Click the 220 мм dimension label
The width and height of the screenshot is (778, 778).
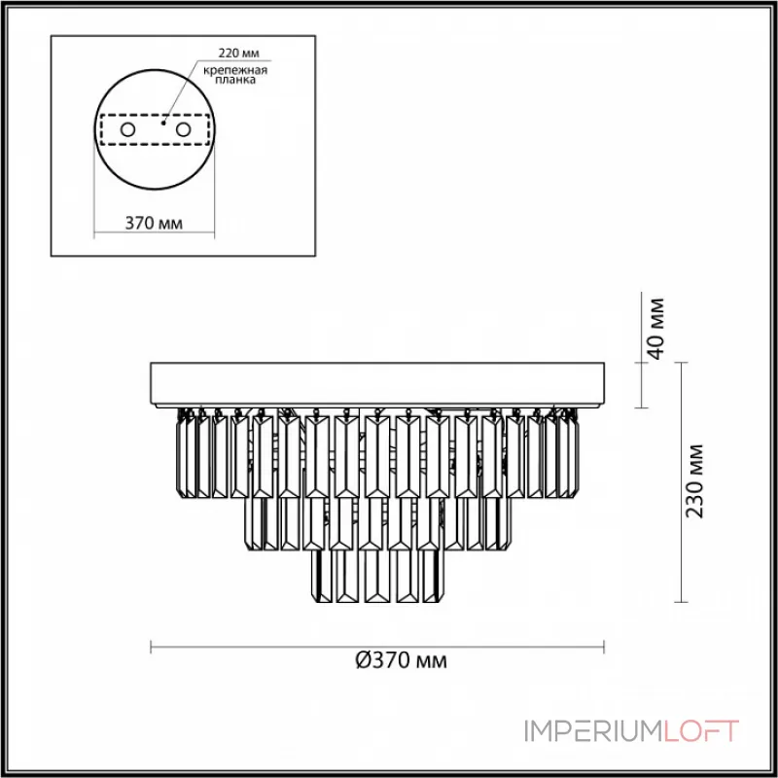pyautogui.click(x=238, y=53)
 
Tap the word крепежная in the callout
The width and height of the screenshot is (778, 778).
pyautogui.click(x=235, y=70)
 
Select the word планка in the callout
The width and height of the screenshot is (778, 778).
pyautogui.click(x=235, y=80)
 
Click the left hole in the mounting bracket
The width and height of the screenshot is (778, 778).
pyautogui.click(x=127, y=130)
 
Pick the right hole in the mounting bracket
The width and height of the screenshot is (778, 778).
pyautogui.click(x=183, y=130)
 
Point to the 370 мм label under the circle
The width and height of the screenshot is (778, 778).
pyautogui.click(x=154, y=224)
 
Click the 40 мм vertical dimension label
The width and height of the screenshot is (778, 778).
pyautogui.click(x=655, y=329)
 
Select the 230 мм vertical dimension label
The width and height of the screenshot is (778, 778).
pyautogui.click(x=694, y=480)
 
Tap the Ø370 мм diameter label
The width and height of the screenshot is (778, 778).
pyautogui.click(x=402, y=660)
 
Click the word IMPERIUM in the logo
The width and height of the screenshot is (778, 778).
pyautogui.click(x=593, y=731)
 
